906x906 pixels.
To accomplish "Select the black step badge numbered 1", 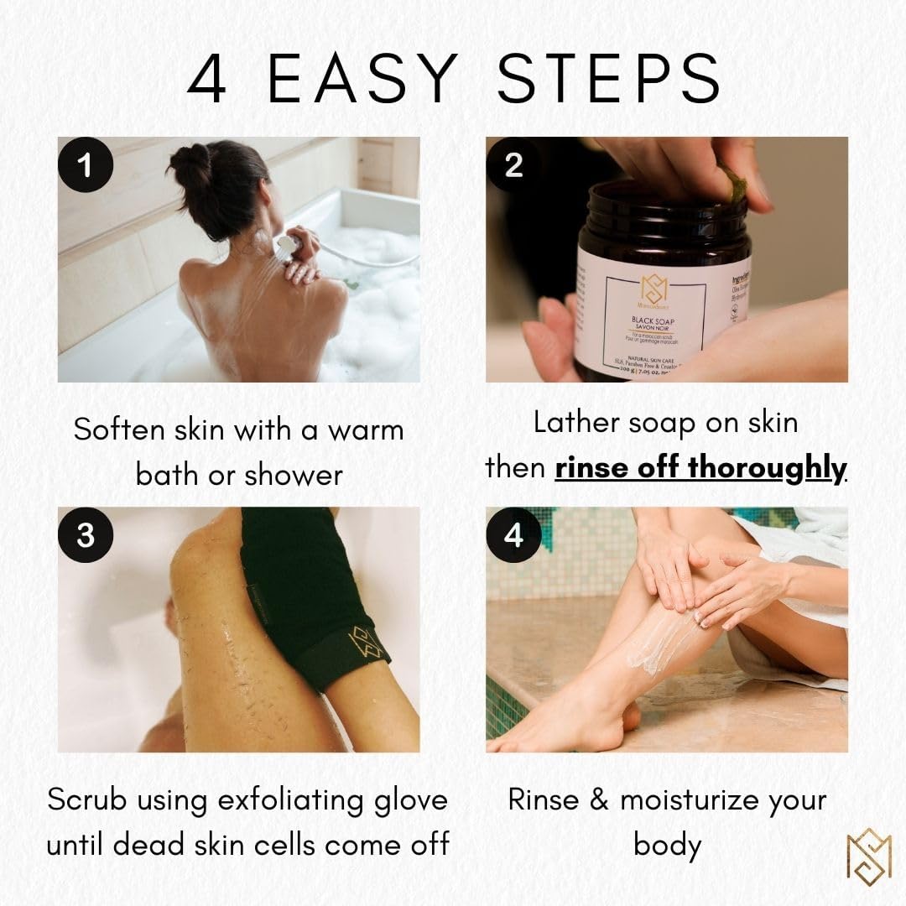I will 85,165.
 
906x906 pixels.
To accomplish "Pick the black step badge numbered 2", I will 513,165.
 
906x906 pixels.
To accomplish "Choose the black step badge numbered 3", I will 85,534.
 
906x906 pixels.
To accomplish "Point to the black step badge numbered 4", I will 513,534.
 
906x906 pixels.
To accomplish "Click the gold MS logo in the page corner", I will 867,853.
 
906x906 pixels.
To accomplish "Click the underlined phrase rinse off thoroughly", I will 700,468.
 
